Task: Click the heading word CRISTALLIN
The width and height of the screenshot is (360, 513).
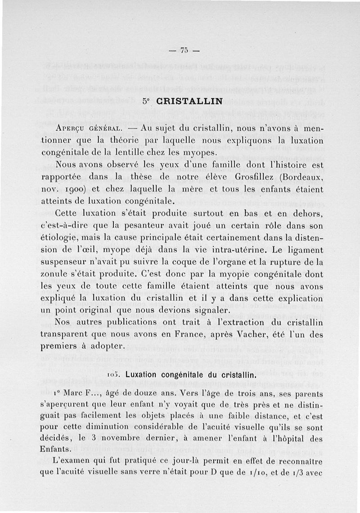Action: tap(189, 101)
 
